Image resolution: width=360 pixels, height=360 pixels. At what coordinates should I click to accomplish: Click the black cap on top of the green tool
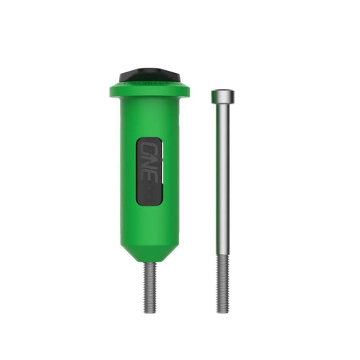click(149, 74)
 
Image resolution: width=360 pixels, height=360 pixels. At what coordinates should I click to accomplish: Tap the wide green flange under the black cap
click(149, 90)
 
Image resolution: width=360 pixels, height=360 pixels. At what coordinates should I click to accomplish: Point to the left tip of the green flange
click(110, 90)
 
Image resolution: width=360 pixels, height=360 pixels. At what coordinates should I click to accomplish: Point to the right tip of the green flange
click(188, 90)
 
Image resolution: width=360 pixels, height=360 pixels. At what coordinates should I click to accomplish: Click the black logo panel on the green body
click(149, 170)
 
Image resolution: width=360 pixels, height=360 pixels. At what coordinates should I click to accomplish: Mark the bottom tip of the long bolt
click(223, 311)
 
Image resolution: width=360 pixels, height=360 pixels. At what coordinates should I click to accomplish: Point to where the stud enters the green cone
click(149, 263)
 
